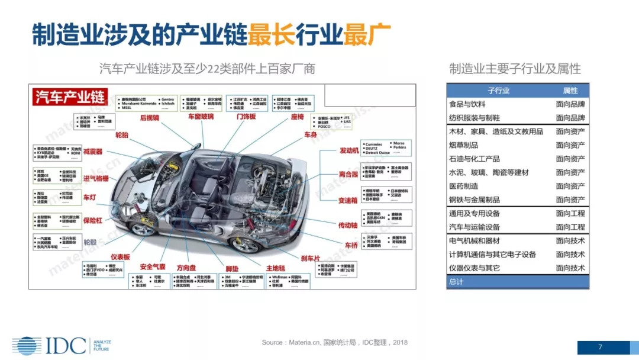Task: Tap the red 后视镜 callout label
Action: pos(150,118)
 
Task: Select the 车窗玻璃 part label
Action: pos(201,117)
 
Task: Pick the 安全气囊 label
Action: pos(152,267)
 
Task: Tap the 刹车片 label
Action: pos(310,258)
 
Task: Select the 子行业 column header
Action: pos(498,91)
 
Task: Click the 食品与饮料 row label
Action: pos(467,104)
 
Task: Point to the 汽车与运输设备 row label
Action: pos(475,227)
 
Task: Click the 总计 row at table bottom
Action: pos(456,282)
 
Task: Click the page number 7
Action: pos(600,347)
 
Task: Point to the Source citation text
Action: pos(334,342)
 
